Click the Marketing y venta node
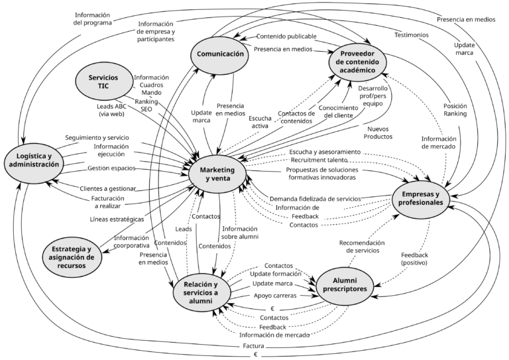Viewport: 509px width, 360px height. point(218,174)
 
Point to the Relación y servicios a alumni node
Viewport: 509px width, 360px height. point(202,291)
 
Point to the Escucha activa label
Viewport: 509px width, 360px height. point(259,121)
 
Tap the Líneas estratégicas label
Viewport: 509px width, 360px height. point(117,219)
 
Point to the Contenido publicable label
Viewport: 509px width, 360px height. point(286,36)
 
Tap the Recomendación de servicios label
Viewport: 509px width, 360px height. point(361,247)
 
